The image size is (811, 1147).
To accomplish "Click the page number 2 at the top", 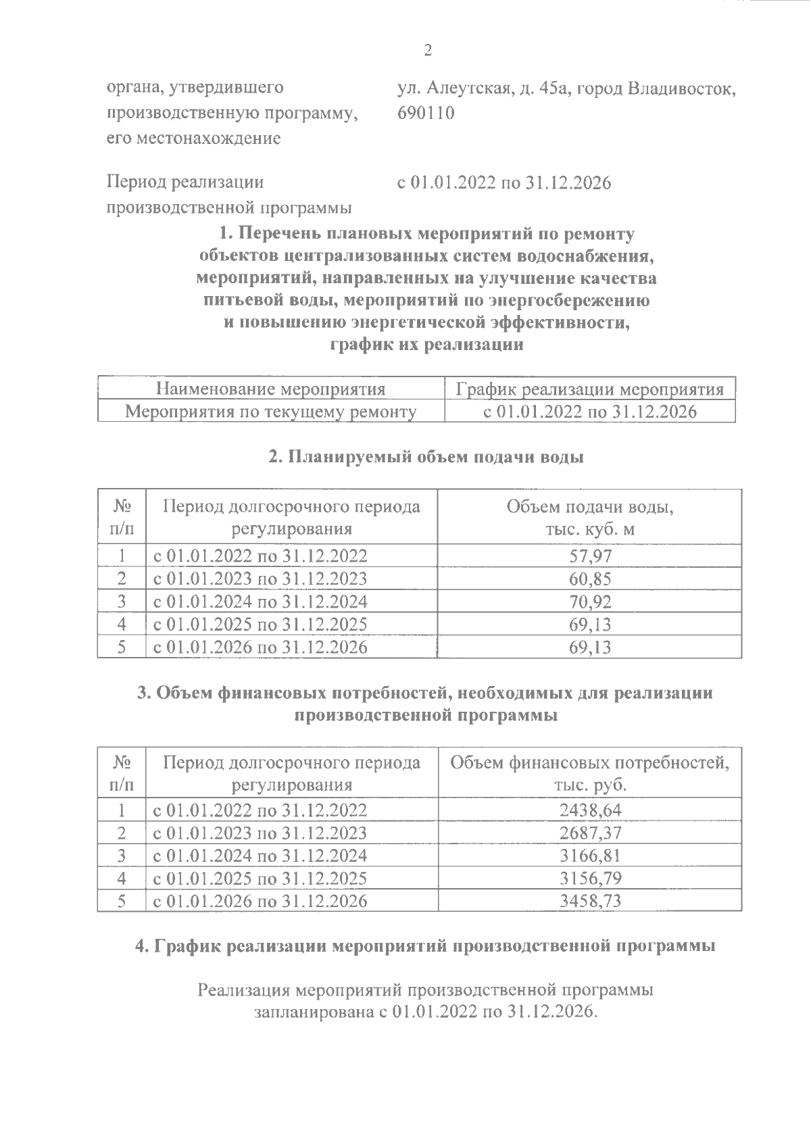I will point(426,51).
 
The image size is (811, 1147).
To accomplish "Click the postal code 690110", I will point(426,113).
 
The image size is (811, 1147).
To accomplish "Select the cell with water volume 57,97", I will point(590,556).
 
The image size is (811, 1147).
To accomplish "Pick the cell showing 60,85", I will point(590,579).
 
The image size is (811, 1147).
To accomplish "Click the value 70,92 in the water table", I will point(590,602).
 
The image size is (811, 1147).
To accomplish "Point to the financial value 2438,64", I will point(590,810).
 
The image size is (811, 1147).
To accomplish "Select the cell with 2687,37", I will point(590,833).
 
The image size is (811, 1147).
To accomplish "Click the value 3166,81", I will point(590,856).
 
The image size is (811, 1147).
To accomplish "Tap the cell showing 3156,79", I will point(590,879).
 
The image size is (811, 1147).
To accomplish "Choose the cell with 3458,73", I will point(590,901).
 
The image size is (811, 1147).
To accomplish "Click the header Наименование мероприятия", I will point(270,389).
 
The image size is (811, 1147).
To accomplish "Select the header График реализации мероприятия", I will point(590,389).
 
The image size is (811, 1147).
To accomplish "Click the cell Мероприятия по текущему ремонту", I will point(271,412).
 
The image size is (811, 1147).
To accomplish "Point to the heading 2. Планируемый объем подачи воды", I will point(426,457).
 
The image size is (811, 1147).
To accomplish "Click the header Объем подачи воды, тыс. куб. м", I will point(590,518).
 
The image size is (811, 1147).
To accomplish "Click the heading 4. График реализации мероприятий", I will point(426,946).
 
